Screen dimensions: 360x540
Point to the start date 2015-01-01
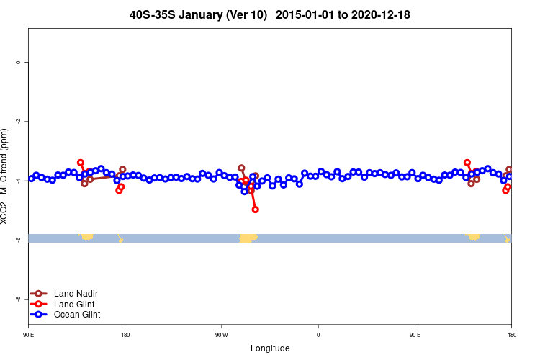pos(311,14)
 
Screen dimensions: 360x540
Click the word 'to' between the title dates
pos(347,14)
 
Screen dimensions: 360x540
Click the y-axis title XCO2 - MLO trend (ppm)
pos(5,177)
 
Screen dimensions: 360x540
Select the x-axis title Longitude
pos(270,348)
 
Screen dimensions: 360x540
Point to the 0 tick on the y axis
pos(17,63)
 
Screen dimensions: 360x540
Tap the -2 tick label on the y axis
pos(17,122)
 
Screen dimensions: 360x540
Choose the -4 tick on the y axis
pos(17,181)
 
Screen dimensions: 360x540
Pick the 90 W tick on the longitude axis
pos(221,335)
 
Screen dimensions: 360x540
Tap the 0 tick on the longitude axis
pos(318,335)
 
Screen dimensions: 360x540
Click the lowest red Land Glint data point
pos(256,210)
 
